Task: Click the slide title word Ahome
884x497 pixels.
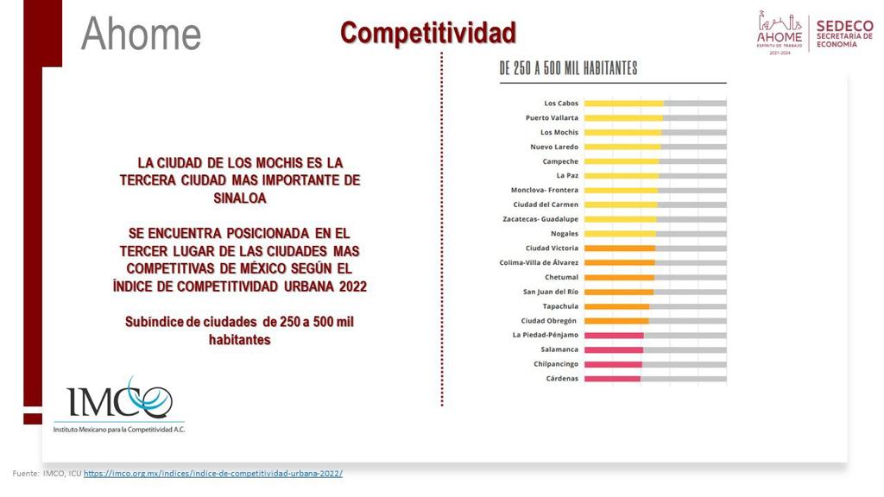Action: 141,34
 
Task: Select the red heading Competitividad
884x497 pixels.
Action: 427,33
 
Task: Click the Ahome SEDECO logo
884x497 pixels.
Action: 814,32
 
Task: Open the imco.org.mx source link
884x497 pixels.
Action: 212,474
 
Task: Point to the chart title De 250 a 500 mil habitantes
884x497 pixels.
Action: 569,68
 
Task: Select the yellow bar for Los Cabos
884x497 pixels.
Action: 623,104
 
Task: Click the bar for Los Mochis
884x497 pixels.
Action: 622,133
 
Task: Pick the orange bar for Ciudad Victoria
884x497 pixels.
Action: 619,248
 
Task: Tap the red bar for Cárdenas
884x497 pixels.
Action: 612,379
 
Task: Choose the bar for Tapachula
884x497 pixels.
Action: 616,306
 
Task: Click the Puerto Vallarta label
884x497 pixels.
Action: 552,118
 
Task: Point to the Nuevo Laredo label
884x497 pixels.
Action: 554,147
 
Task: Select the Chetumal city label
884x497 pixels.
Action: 561,277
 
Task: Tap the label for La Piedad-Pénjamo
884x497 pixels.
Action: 546,335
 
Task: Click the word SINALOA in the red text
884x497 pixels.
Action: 240,198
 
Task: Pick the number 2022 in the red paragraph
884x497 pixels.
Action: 353,286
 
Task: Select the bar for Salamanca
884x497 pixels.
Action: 614,349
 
